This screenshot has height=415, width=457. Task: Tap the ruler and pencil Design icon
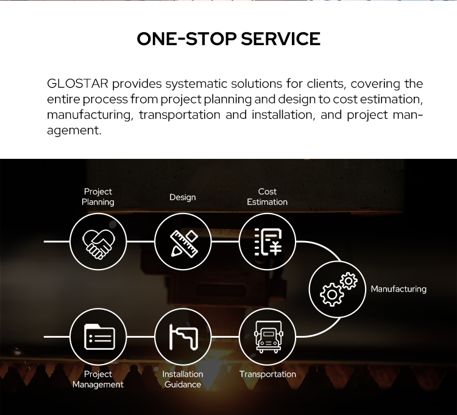[x=184, y=243]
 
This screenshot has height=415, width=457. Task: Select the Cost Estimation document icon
[x=268, y=242]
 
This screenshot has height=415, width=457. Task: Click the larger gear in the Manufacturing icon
[x=331, y=295]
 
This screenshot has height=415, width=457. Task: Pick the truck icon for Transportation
[x=268, y=337]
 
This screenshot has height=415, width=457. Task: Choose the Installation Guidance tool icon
[x=183, y=337]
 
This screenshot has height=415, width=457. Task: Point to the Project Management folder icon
[x=99, y=337]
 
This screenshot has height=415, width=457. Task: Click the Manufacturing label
[x=399, y=289]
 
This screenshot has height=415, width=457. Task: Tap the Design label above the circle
[x=183, y=197]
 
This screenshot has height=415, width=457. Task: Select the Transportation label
[x=267, y=374]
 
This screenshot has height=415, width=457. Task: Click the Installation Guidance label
[x=183, y=379]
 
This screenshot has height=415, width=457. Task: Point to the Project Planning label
[x=98, y=197]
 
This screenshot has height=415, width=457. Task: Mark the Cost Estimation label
[x=267, y=197]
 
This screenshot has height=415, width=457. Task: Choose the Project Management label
[x=98, y=379]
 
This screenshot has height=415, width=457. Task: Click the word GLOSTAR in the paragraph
[x=77, y=84]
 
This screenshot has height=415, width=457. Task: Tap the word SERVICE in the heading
[x=281, y=39]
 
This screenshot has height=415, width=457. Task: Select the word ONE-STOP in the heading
[x=186, y=39]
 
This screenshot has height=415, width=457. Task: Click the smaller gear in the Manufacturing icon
[x=349, y=281]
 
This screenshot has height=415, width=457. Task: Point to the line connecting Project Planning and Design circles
[x=141, y=242]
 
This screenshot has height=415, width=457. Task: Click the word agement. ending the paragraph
[x=74, y=131]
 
